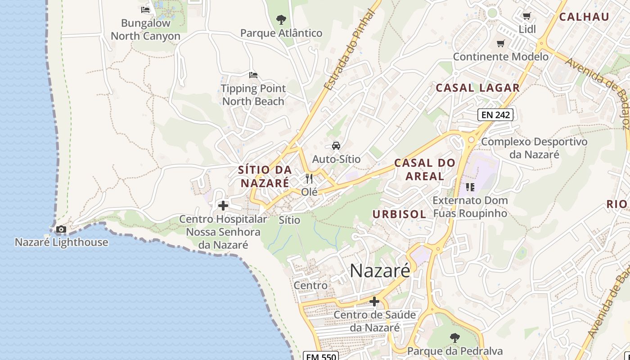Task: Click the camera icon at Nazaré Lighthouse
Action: point(61,229)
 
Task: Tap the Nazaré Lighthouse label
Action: point(62,242)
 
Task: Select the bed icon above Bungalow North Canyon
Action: point(145,9)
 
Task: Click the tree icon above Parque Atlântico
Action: point(281,20)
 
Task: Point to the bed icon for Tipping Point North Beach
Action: point(253,75)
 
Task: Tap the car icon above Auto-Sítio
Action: point(336,145)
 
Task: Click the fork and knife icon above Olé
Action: point(309,179)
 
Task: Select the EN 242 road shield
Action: point(495,115)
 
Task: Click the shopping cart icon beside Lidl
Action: point(526,16)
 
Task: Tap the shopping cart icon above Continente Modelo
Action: point(500,44)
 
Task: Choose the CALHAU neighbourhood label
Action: point(584,17)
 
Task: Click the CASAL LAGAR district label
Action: point(478,88)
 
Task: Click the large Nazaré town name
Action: point(380,270)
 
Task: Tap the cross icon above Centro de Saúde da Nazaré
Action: point(374,301)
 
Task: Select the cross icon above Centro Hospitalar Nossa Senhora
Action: point(223,206)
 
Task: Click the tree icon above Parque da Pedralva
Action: point(455,337)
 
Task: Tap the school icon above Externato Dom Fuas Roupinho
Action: point(470,187)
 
